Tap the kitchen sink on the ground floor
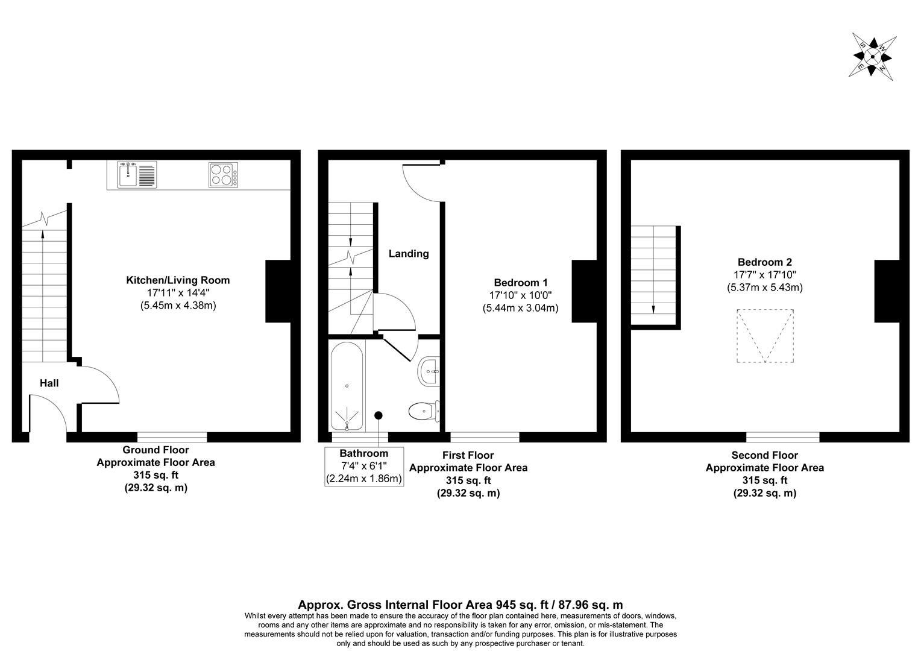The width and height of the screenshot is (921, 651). (137, 174)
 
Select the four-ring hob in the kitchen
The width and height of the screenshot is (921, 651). (222, 174)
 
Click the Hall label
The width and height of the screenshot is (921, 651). (49, 383)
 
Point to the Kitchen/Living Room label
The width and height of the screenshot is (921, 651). (177, 280)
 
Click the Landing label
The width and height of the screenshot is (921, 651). (408, 254)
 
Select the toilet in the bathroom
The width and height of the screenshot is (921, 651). (424, 412)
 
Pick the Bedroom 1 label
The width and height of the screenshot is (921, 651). (520, 283)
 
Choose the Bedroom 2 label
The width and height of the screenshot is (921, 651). (764, 262)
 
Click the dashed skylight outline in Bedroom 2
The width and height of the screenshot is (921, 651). (765, 336)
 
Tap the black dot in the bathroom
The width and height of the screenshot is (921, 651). (379, 415)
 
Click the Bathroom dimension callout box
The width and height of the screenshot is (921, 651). (363, 466)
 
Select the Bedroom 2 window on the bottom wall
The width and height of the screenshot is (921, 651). (782, 437)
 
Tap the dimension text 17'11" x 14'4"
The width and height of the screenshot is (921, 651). (177, 293)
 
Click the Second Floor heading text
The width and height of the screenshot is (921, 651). (764, 456)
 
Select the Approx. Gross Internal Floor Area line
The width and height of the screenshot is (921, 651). (461, 605)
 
